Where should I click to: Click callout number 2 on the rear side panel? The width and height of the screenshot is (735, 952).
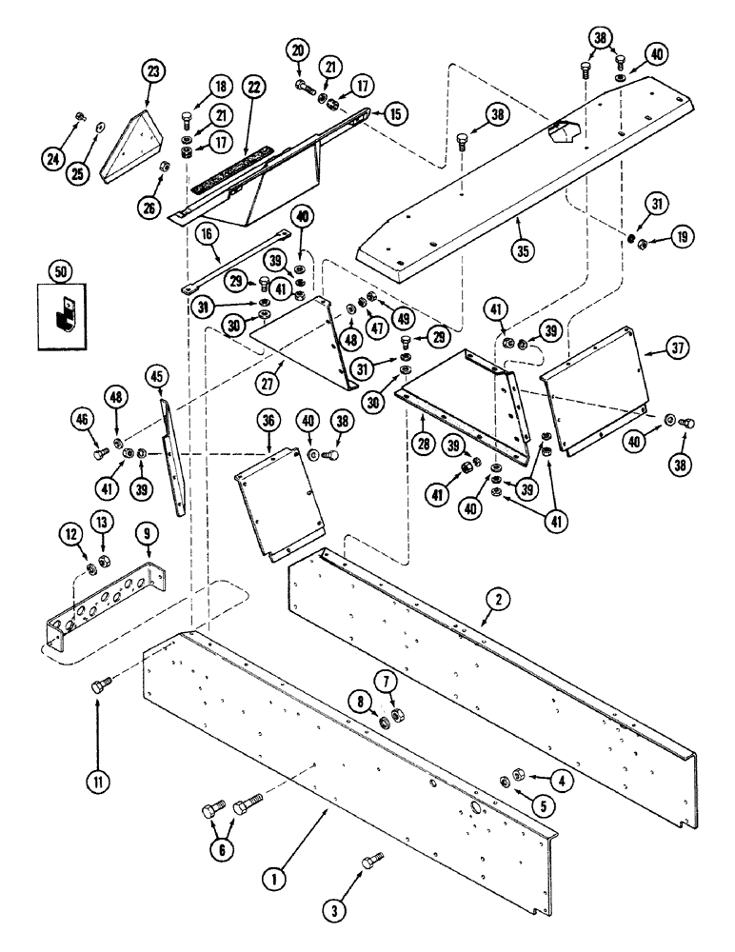point(497,600)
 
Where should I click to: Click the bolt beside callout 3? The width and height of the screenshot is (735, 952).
point(370,863)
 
